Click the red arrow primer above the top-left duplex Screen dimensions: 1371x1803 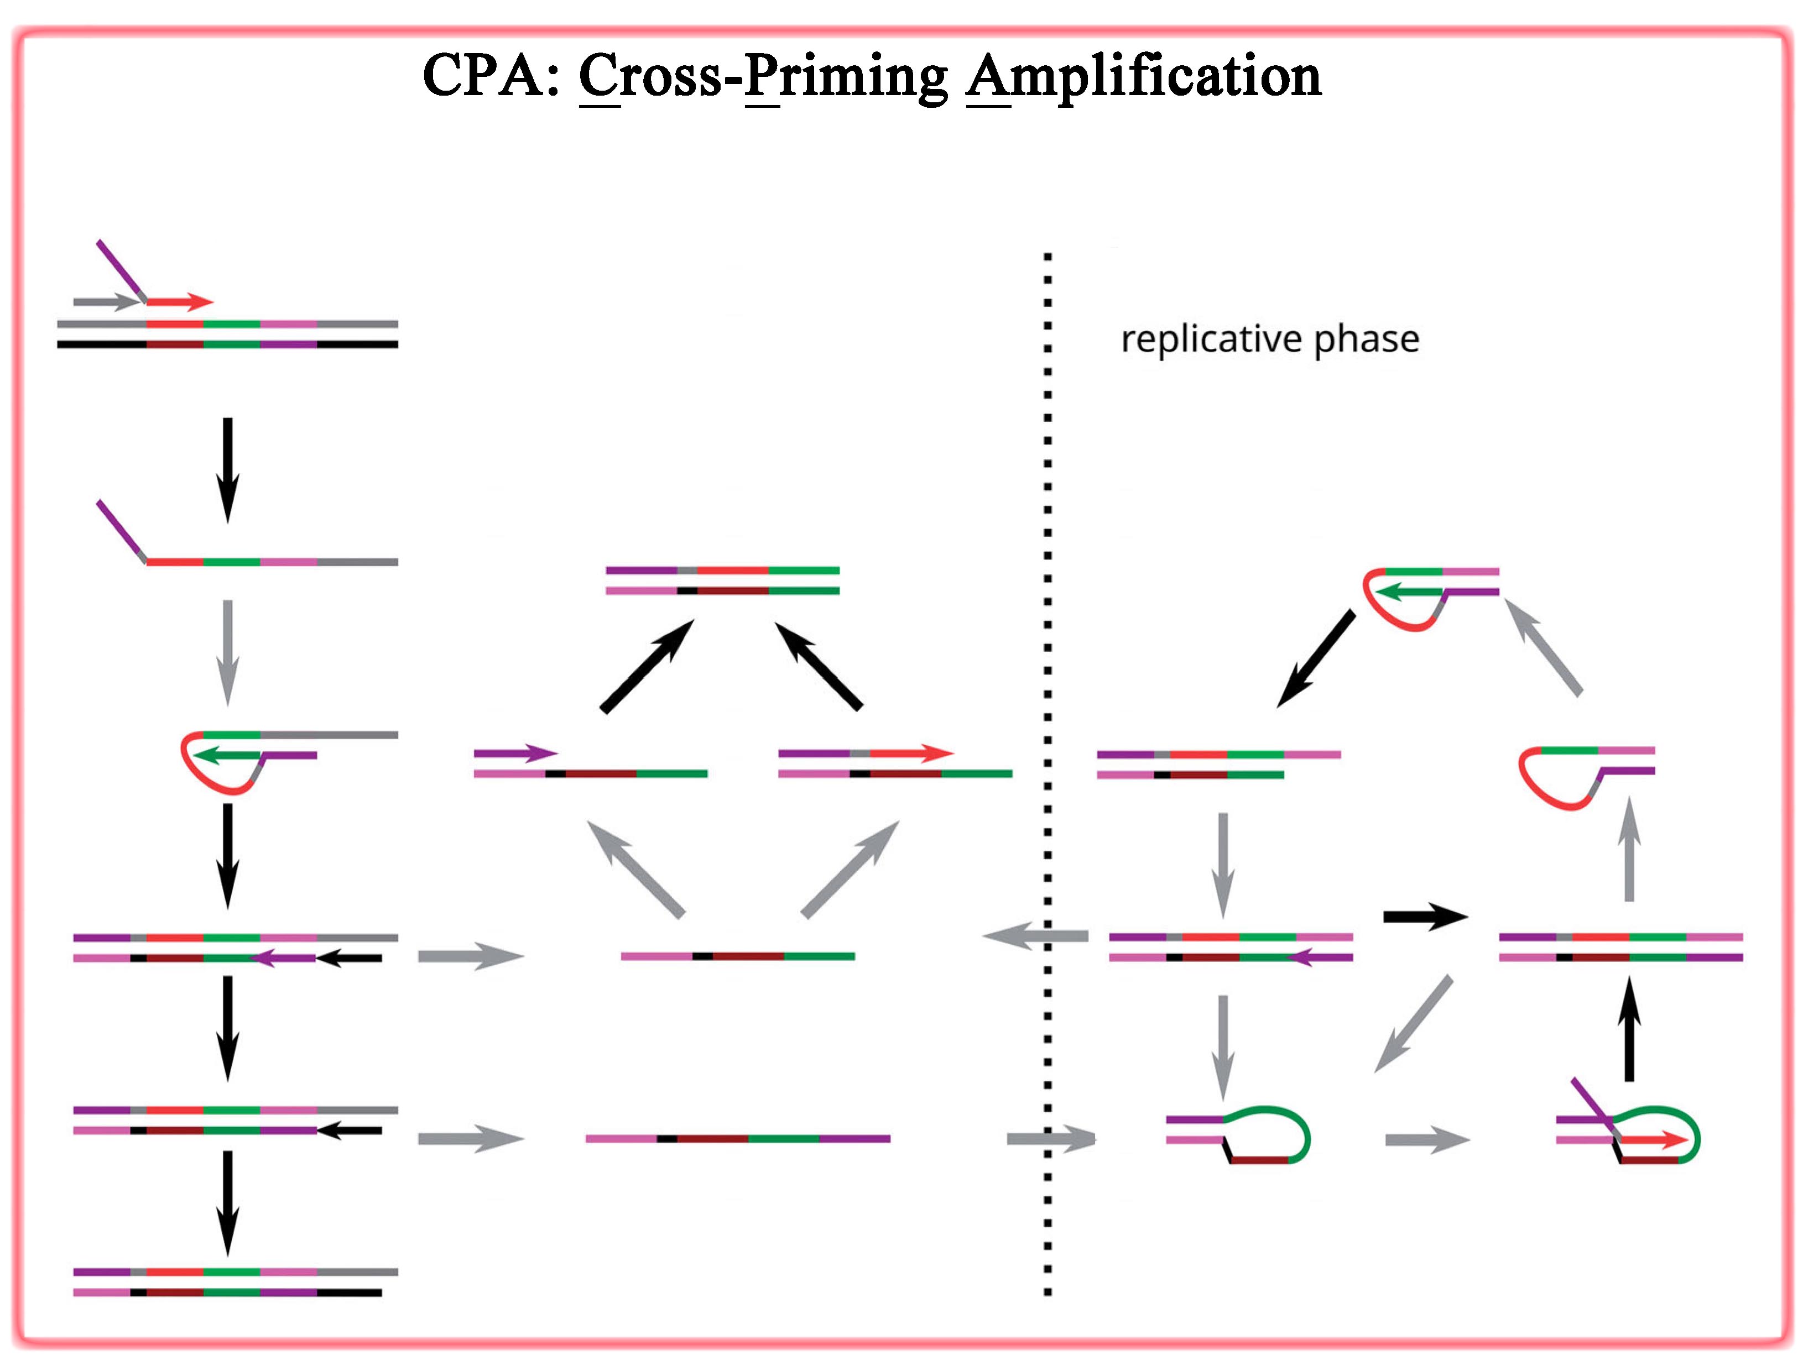pyautogui.click(x=180, y=302)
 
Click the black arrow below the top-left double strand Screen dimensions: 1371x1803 pyautogui.click(x=228, y=469)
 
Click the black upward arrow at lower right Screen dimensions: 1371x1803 pyautogui.click(x=1629, y=1030)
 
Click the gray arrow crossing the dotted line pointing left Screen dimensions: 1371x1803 pyautogui.click(x=1035, y=936)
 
